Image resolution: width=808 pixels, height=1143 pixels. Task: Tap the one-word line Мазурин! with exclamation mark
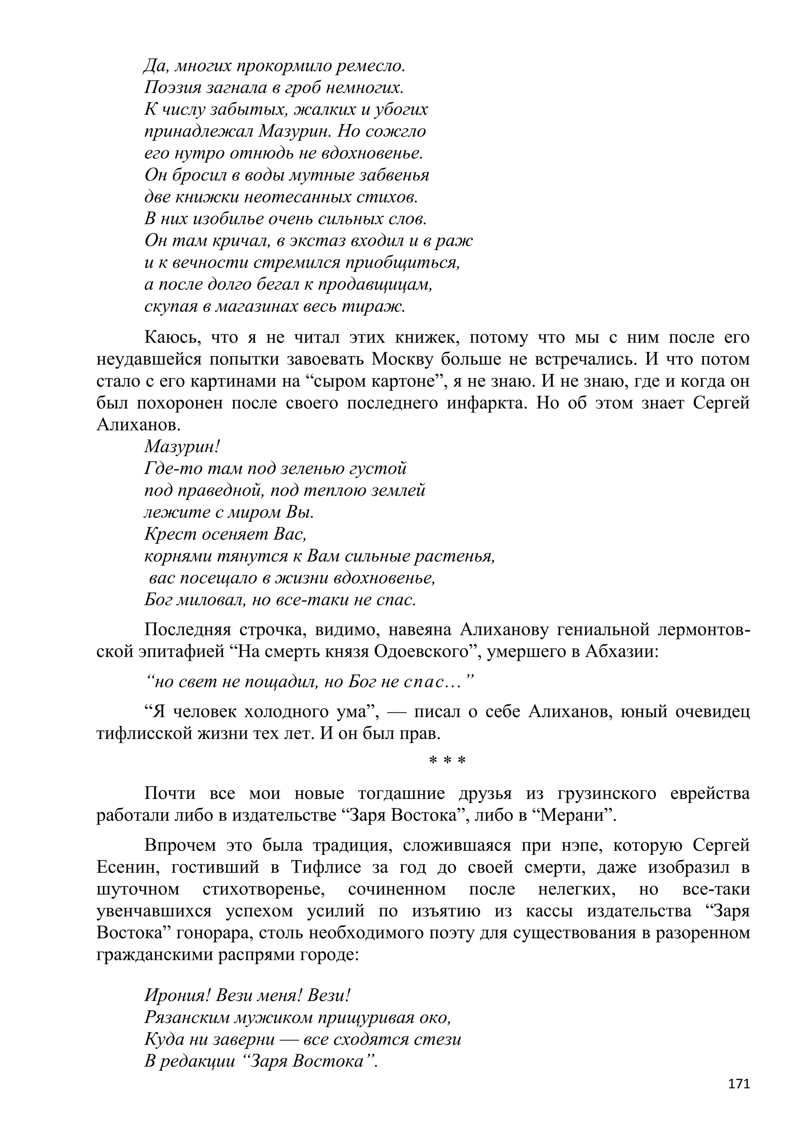(181, 446)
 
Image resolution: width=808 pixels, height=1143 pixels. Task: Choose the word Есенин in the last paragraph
(128, 867)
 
